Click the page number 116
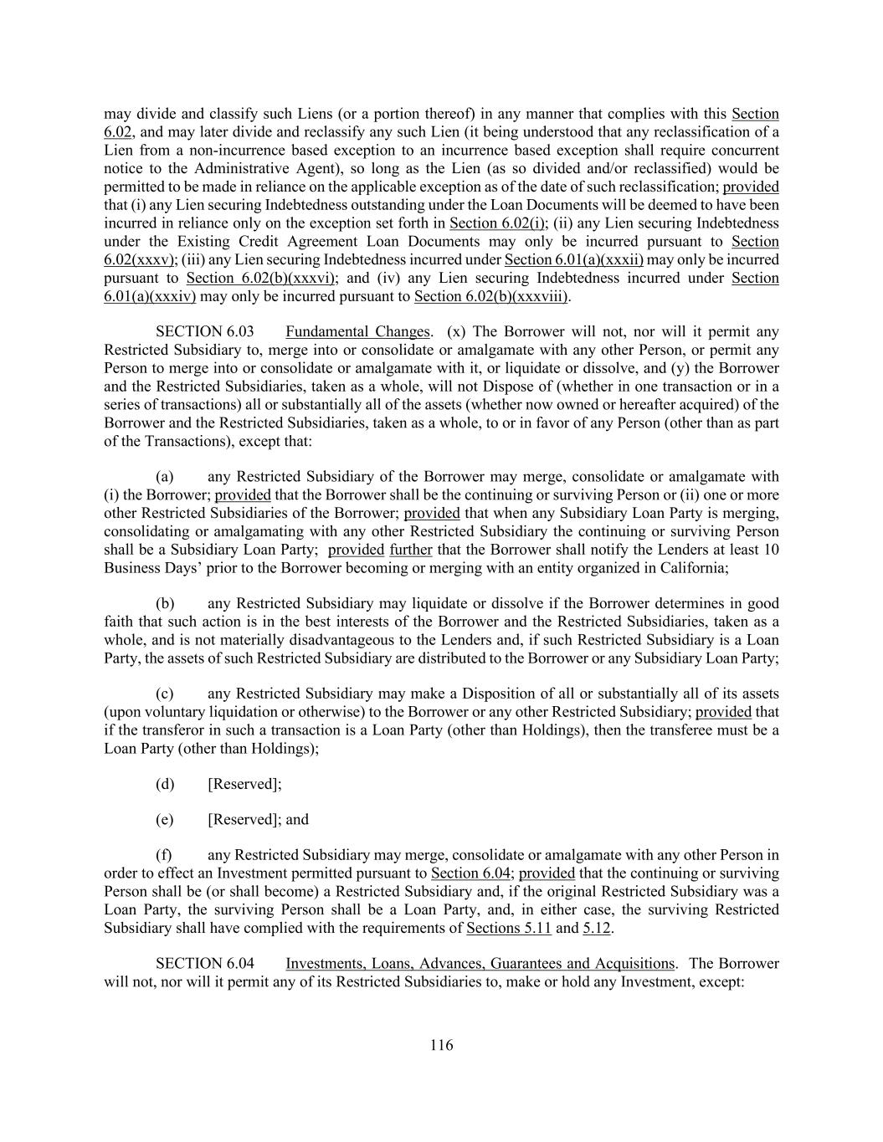[x=441, y=1045]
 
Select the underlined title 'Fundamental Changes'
[x=358, y=332]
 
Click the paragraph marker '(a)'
[x=165, y=477]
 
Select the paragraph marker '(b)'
[x=165, y=604]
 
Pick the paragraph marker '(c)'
[x=165, y=694]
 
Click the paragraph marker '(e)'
[x=165, y=821]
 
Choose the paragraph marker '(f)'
[x=165, y=856]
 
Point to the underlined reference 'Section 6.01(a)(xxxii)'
[x=574, y=260]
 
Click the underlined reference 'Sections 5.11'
[x=508, y=928]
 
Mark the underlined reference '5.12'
[x=597, y=928]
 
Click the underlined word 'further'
[x=411, y=551]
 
